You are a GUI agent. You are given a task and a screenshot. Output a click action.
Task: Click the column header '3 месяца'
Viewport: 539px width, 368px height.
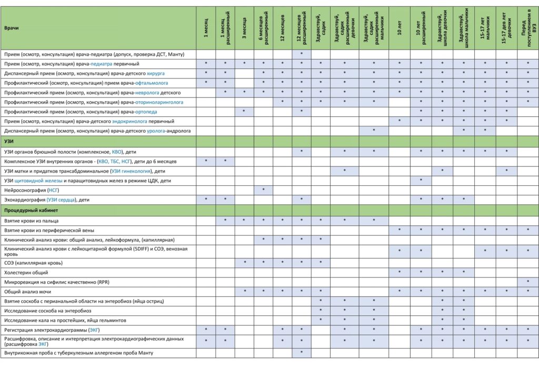244,27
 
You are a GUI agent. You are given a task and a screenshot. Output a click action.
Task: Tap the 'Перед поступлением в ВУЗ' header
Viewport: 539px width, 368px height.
527,27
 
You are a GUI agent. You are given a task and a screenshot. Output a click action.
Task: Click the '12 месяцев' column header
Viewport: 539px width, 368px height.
282,27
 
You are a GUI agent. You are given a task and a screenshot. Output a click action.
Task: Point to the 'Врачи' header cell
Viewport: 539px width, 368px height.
11,27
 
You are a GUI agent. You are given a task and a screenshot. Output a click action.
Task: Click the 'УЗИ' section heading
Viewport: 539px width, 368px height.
9,141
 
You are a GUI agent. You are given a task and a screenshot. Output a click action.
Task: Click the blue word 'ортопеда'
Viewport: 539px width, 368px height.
147,112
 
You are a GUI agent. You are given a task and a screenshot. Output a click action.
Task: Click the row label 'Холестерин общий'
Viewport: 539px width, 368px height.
26,273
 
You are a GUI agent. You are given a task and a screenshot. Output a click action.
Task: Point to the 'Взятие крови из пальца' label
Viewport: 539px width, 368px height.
31,221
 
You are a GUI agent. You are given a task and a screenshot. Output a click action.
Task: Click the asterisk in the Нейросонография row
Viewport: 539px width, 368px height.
263,190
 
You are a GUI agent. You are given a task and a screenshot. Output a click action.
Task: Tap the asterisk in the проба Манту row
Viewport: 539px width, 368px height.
302,352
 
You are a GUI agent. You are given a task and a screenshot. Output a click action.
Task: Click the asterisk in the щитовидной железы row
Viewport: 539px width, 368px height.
421,180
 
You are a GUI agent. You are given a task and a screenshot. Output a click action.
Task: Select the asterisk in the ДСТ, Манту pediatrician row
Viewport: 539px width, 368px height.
302,54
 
